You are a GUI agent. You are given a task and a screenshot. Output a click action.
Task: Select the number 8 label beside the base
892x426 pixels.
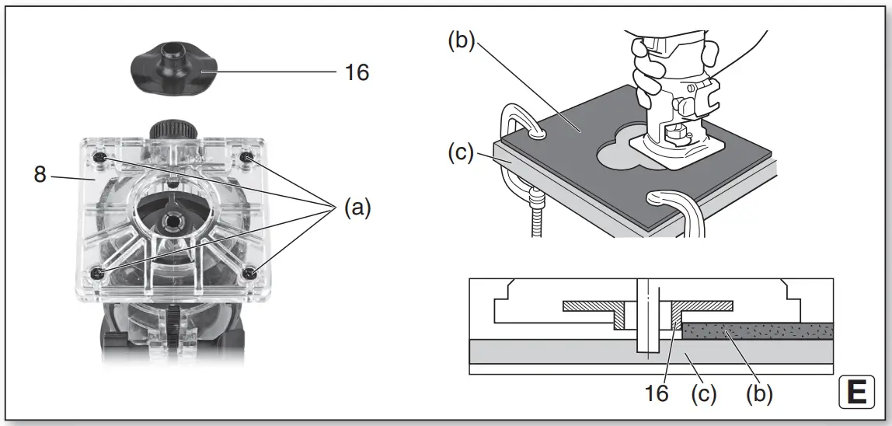(x=40, y=174)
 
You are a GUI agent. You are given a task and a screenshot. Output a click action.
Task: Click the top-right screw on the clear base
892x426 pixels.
(x=246, y=157)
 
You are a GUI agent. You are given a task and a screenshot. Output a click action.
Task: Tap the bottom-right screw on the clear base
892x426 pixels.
(x=250, y=273)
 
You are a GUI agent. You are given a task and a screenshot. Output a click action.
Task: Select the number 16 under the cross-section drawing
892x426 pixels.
(x=656, y=393)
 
